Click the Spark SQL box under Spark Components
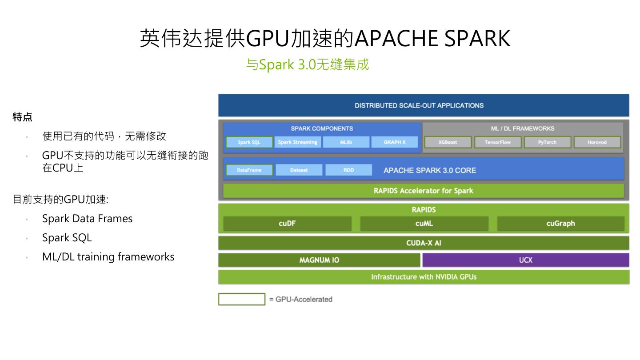point(249,142)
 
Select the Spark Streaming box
point(298,142)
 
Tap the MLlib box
point(346,142)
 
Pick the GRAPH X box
point(395,142)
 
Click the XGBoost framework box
point(448,142)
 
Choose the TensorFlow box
point(497,142)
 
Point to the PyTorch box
point(547,142)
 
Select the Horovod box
point(597,142)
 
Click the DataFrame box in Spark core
point(249,170)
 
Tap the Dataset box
point(299,170)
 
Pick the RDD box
point(348,170)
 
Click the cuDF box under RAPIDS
point(287,224)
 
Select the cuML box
point(424,224)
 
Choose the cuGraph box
point(560,224)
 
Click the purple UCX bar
point(526,260)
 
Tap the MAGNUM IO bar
point(319,260)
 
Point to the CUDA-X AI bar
point(424,243)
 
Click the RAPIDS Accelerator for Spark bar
point(423,191)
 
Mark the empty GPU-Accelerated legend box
point(241,299)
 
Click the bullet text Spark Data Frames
point(87,219)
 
